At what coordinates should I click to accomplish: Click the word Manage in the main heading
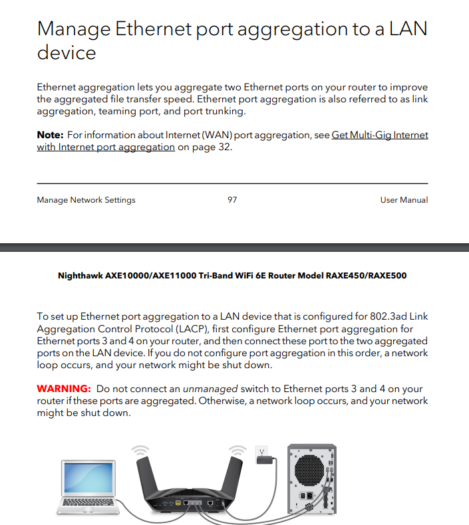(73, 30)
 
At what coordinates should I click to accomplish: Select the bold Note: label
(50, 135)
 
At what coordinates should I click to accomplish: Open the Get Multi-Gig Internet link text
(380, 135)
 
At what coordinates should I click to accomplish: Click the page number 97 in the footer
(232, 200)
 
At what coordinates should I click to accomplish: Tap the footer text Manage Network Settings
(86, 200)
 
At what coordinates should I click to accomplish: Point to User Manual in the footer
(404, 200)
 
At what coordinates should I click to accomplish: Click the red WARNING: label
(63, 389)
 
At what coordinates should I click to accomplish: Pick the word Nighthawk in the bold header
(80, 275)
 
